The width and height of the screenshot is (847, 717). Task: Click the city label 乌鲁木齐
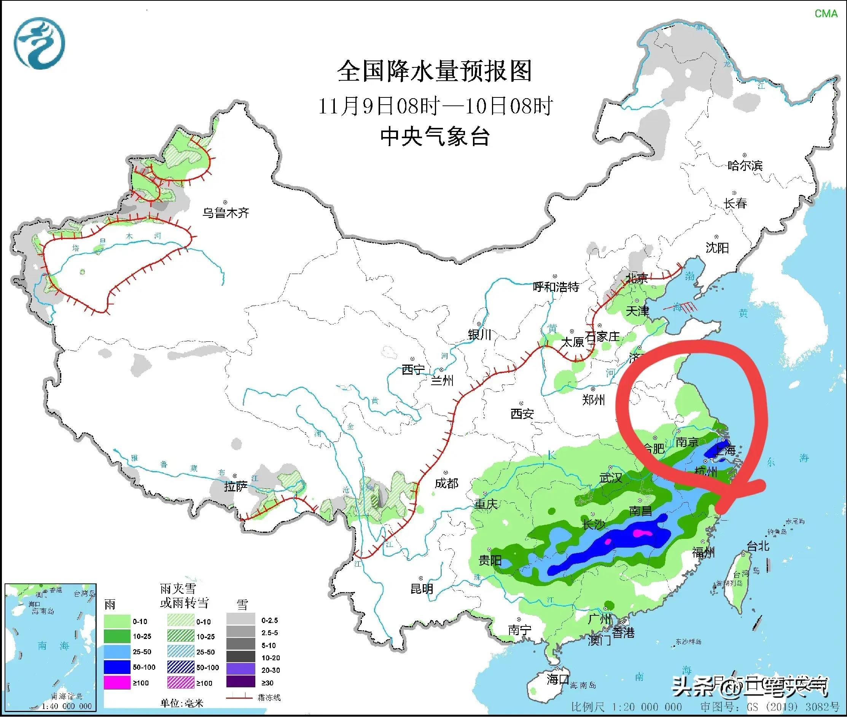click(x=226, y=213)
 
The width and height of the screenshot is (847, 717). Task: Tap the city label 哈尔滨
click(x=745, y=166)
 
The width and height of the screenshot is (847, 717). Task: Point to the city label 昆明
click(x=422, y=588)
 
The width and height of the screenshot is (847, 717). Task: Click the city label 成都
click(x=446, y=483)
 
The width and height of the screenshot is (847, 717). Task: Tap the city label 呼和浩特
click(x=556, y=287)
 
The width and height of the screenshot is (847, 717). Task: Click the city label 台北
click(x=758, y=546)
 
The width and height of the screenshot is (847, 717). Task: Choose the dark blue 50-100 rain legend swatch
click(x=117, y=667)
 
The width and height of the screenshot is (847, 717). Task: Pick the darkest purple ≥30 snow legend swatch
click(x=240, y=682)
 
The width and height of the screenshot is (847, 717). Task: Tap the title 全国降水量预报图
click(x=435, y=72)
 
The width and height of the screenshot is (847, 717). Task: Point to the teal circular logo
click(x=40, y=43)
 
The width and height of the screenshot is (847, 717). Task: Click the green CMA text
click(x=826, y=13)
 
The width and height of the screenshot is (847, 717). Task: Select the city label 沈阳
click(x=717, y=247)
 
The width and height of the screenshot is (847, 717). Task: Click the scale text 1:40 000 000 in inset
click(x=67, y=706)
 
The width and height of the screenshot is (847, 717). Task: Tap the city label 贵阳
click(x=490, y=561)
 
